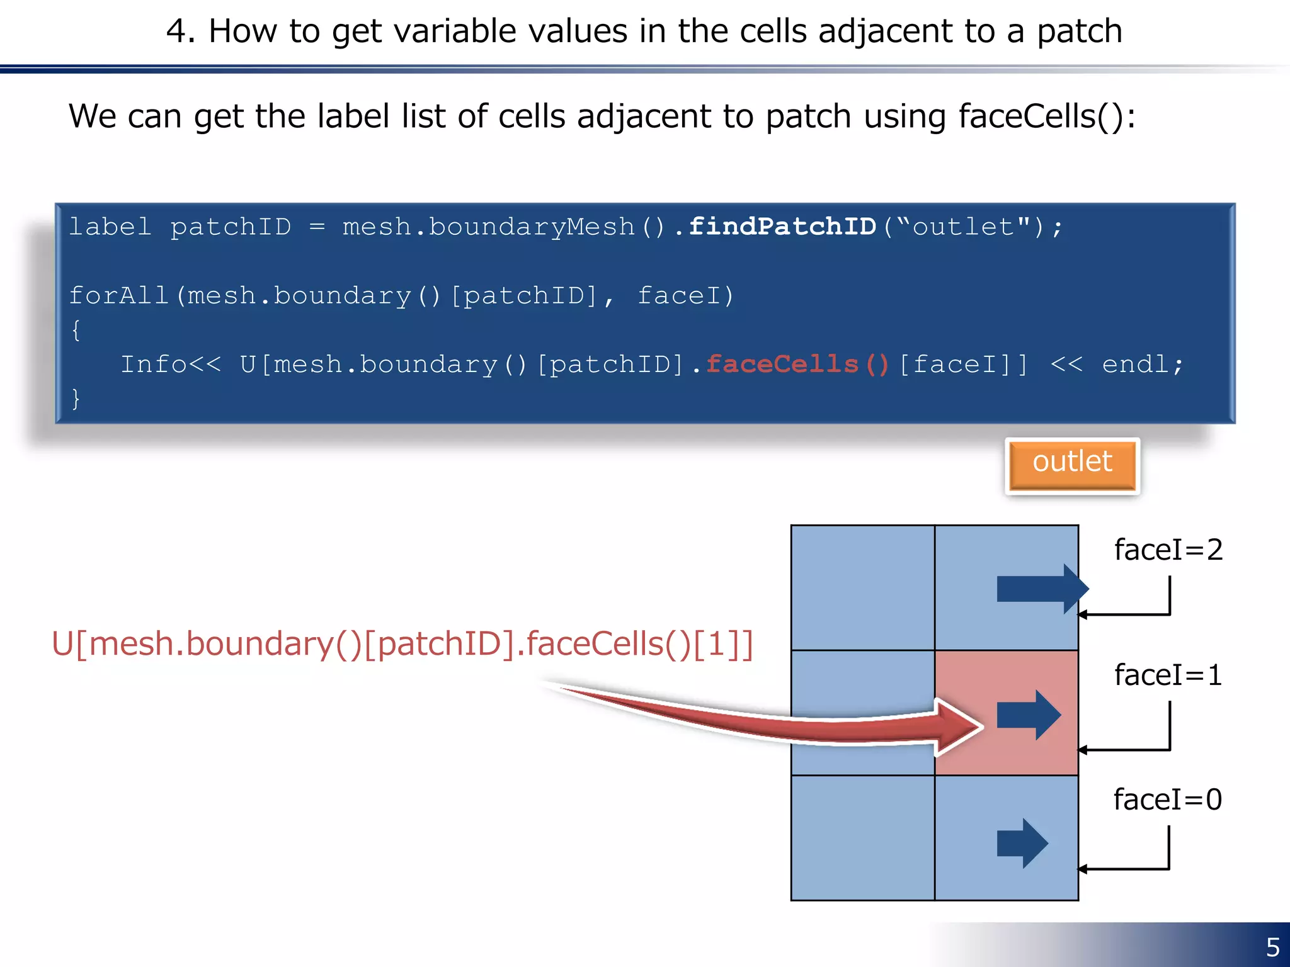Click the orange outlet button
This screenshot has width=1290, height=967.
[x=1072, y=465]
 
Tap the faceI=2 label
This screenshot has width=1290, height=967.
[x=1168, y=550]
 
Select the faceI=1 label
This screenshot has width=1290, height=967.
[x=1168, y=675]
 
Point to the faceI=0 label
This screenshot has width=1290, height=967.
[x=1167, y=800]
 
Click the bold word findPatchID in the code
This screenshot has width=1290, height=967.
[x=782, y=227]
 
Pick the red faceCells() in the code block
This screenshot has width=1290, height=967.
[x=797, y=365]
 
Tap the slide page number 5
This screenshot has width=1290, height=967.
[x=1272, y=947]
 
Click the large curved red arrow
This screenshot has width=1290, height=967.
[x=787, y=721]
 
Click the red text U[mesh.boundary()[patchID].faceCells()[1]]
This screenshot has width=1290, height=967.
[x=402, y=644]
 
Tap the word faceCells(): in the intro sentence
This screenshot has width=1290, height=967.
[x=1046, y=116]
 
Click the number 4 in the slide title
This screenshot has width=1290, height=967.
[x=176, y=31]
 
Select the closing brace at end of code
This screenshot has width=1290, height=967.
[x=76, y=399]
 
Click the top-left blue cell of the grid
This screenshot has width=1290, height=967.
[x=862, y=587]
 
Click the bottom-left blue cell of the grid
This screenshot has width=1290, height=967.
[x=862, y=837]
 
